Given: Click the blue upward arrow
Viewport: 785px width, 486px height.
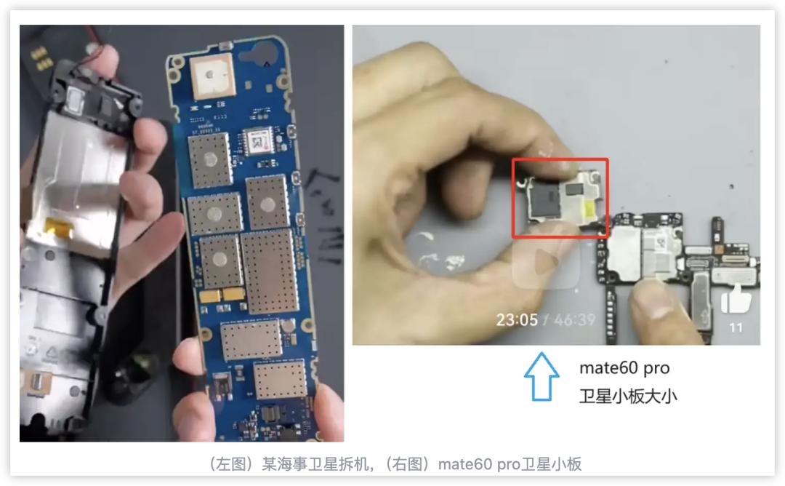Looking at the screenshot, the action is click(x=542, y=376).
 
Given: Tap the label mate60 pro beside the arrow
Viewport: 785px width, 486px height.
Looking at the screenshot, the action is click(x=624, y=368).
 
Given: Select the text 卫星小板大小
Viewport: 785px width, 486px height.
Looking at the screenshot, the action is click(x=628, y=397).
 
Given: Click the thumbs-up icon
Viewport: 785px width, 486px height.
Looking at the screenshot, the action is click(x=736, y=299).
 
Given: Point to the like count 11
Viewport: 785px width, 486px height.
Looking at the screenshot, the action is click(x=736, y=327).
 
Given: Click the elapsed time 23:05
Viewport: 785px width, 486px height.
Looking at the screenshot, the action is click(x=517, y=319).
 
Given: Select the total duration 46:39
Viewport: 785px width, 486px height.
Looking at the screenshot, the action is click(x=575, y=319).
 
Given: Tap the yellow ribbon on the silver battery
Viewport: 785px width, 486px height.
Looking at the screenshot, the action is click(x=59, y=227).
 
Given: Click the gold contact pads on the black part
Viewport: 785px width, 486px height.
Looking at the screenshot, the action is click(x=40, y=57).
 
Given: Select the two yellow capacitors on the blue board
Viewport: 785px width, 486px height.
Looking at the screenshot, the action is click(x=221, y=295).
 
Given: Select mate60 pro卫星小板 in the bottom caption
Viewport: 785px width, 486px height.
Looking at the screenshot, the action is click(x=510, y=464).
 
